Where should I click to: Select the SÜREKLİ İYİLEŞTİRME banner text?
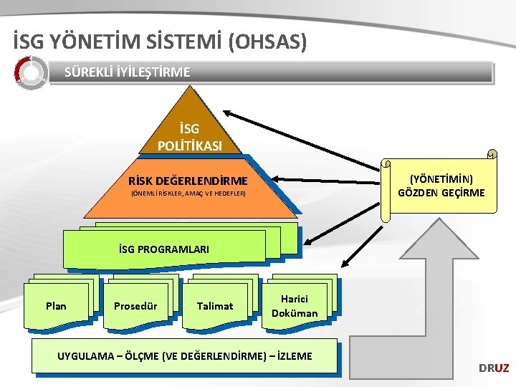point(128,72)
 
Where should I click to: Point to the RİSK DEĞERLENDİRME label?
point(188,181)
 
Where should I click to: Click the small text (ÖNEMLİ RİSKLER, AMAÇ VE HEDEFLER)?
point(188,194)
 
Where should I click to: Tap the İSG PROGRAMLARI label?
point(164,249)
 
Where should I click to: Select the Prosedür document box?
point(135,306)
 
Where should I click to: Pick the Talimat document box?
point(215,306)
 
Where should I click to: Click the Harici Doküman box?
point(295,306)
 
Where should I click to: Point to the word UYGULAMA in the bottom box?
point(85,356)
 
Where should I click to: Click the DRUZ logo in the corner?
point(494,368)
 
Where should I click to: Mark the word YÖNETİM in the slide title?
point(83,41)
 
